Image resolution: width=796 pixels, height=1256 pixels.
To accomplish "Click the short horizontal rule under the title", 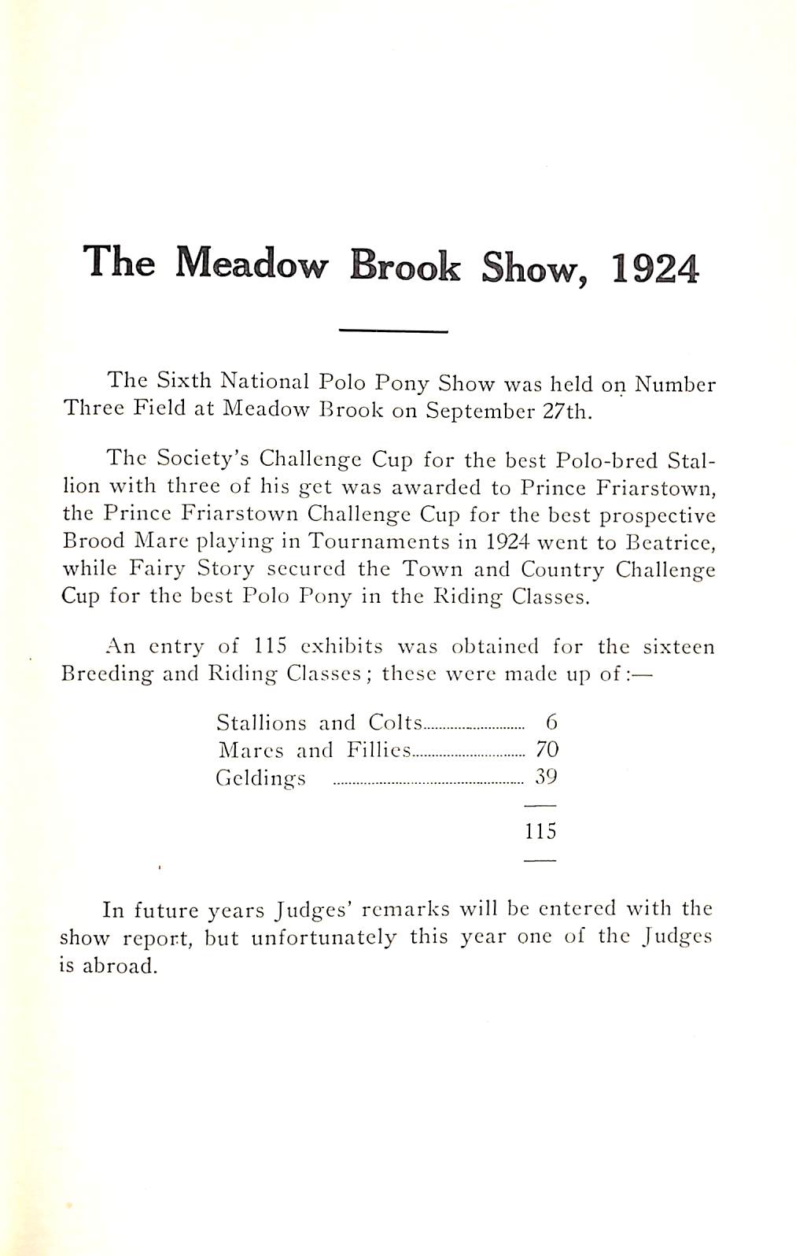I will [x=392, y=331].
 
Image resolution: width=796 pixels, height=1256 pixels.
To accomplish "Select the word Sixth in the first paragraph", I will [x=184, y=381].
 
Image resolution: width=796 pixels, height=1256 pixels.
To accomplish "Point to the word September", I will [x=477, y=411].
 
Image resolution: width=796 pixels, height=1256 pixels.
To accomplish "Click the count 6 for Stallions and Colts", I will [x=551, y=722].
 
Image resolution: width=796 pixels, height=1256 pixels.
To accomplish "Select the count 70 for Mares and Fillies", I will [x=546, y=749].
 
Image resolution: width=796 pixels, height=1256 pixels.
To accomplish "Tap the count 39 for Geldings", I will [x=546, y=777].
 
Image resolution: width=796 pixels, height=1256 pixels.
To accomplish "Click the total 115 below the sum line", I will [x=540, y=831].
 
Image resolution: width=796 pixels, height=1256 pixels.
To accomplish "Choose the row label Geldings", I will [x=260, y=778].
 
